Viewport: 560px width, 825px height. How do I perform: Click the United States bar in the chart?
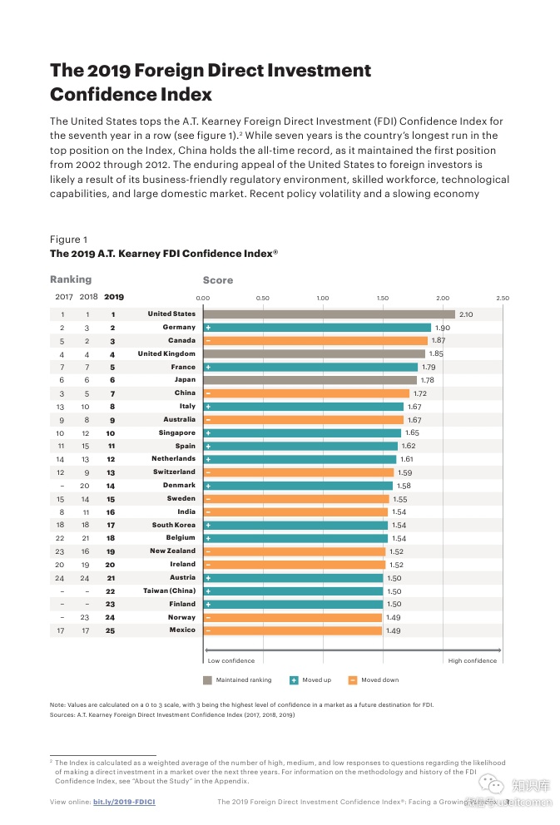[329, 314]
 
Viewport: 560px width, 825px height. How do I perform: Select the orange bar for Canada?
[316, 341]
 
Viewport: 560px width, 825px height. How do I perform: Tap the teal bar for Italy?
[304, 407]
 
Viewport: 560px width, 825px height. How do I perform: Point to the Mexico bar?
[292, 630]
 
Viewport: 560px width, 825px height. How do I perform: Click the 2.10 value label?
[466, 314]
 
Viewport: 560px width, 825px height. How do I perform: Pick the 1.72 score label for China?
[420, 393]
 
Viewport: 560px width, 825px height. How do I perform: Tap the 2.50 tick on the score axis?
[503, 298]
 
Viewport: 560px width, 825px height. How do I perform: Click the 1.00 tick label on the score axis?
[323, 298]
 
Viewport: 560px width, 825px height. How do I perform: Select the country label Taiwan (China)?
[169, 591]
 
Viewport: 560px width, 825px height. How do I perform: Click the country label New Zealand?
[172, 551]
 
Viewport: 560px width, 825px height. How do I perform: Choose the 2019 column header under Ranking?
[113, 297]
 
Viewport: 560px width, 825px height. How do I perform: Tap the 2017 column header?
[63, 297]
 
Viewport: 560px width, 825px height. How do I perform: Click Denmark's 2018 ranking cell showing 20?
[85, 486]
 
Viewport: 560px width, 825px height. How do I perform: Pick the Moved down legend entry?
[374, 680]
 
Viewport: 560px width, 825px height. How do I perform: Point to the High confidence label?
[472, 661]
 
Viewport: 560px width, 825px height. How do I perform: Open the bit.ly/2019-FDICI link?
[124, 802]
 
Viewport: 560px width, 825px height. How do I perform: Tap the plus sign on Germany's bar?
[208, 328]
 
